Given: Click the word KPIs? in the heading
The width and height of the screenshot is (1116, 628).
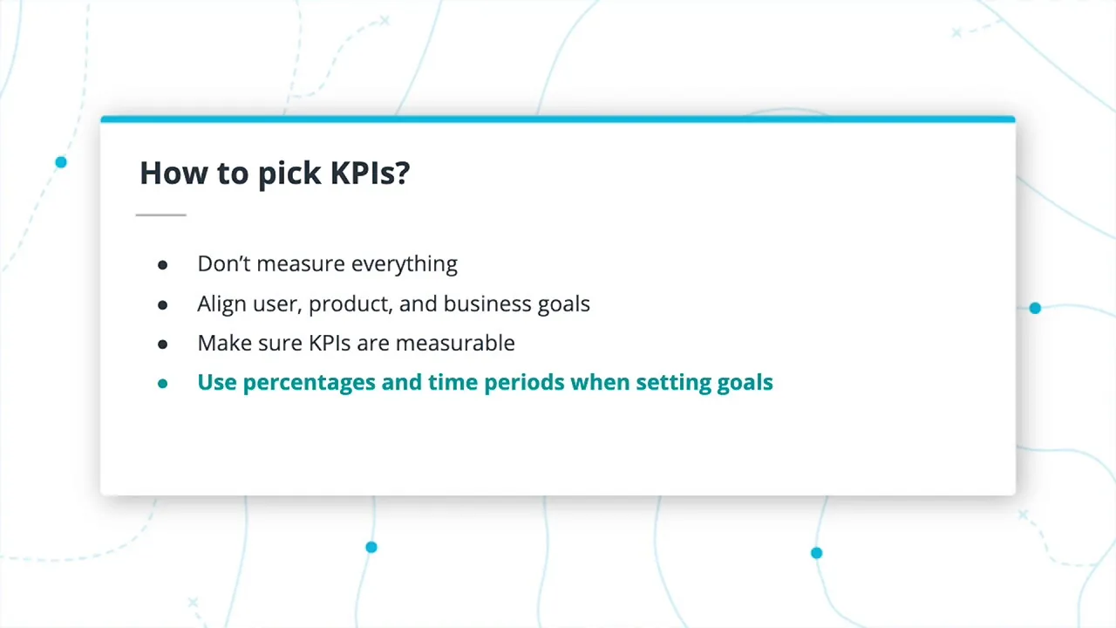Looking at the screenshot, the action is pos(370,173).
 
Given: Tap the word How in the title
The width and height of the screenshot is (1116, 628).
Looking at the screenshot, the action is pos(174,173).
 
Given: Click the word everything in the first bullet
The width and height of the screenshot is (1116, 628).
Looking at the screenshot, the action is pos(404,264).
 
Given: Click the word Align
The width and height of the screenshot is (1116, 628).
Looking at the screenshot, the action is pos(221,304).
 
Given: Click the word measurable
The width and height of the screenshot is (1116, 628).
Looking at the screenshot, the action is pos(455,343).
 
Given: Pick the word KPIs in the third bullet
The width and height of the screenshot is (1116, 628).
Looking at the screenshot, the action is pos(330,343).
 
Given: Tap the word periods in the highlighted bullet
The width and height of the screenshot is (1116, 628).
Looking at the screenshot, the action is pos(523,383).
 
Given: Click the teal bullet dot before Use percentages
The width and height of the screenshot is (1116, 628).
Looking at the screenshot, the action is pos(162,383).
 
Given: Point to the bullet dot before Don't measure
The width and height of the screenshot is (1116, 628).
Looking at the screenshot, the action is pos(162,264).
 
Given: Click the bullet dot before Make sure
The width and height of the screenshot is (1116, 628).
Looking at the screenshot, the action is pos(162,344).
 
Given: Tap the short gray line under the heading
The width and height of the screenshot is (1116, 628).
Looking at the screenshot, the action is pos(161,215).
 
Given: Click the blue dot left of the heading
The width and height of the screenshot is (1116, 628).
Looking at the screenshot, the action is pos(61,162).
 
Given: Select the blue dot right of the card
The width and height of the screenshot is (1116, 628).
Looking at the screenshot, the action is pos(1035,308).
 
